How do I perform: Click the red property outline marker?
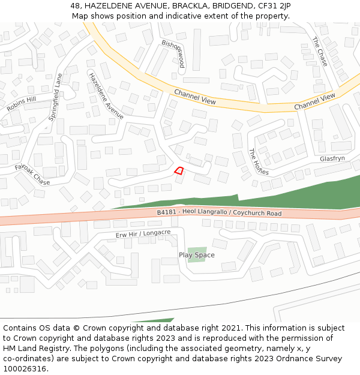179,170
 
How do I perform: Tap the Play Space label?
196,255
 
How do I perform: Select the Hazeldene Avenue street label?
106,95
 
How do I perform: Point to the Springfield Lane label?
56,97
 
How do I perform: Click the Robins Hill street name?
22,103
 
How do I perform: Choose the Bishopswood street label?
173,53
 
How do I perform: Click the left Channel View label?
195,97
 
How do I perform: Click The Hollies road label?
259,161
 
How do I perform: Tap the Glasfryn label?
332,159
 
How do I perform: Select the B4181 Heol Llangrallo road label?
219,213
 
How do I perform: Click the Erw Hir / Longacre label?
143,233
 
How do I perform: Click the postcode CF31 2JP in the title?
271,5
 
